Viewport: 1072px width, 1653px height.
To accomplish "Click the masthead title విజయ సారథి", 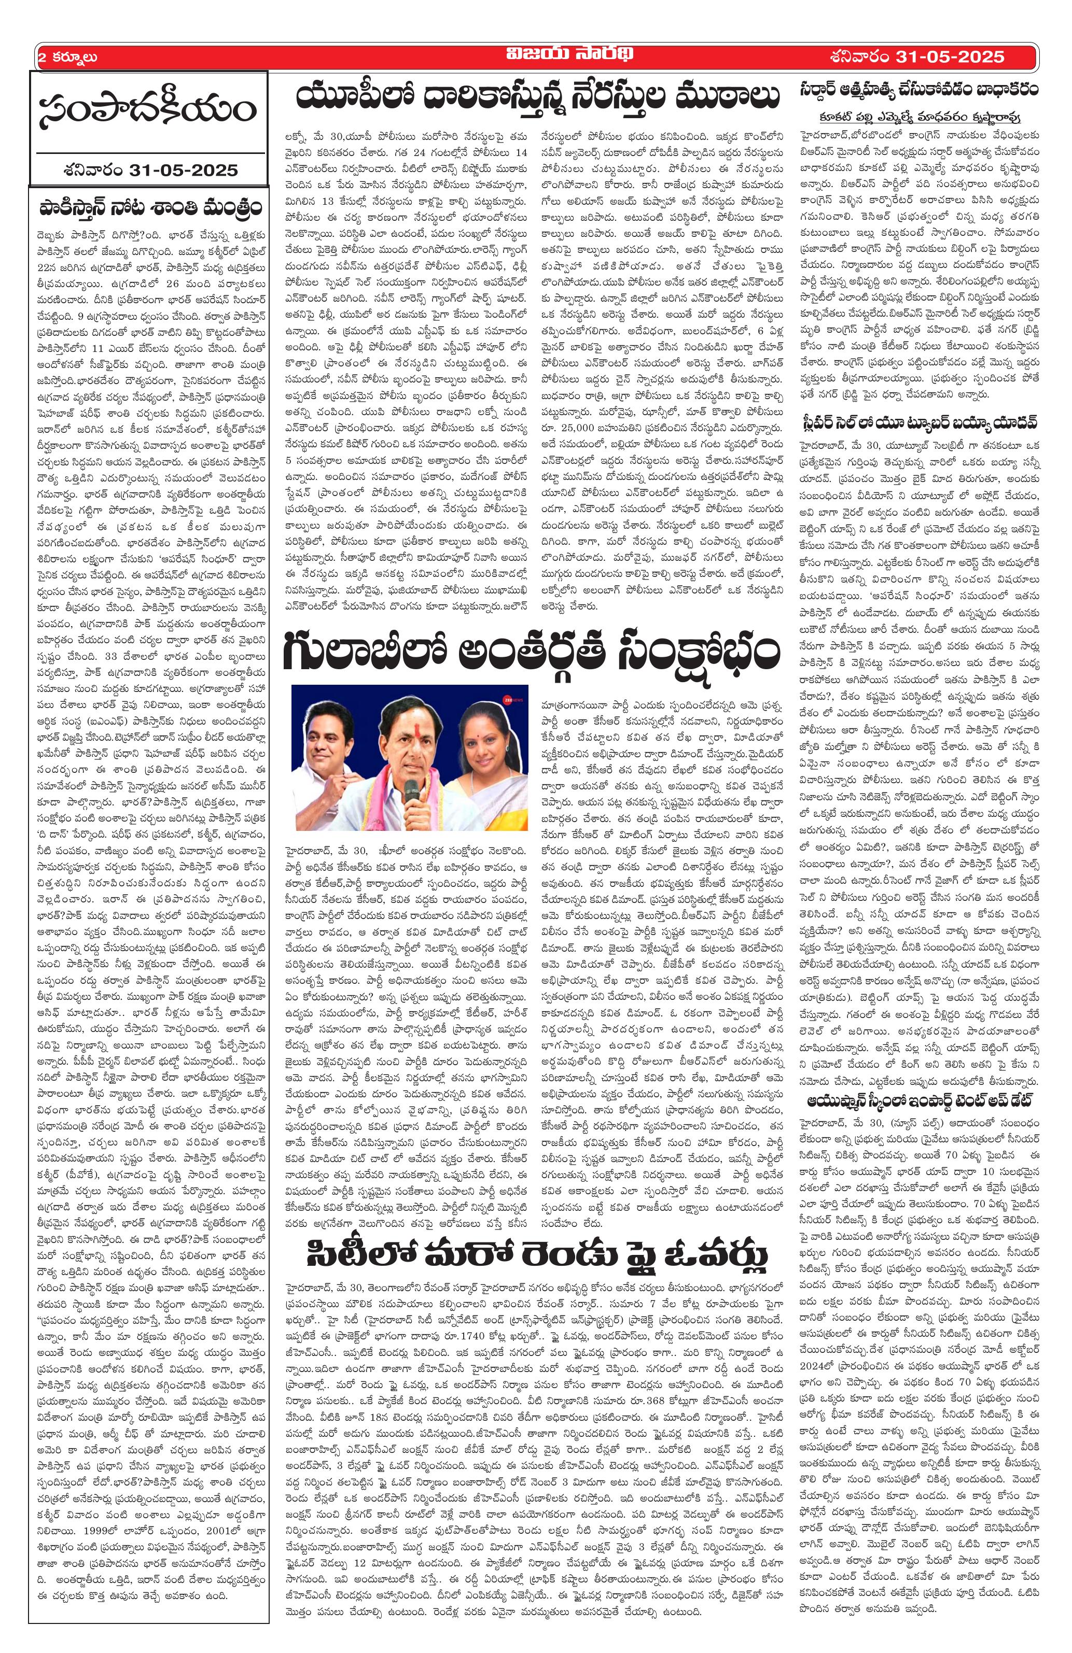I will pos(536,56).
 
